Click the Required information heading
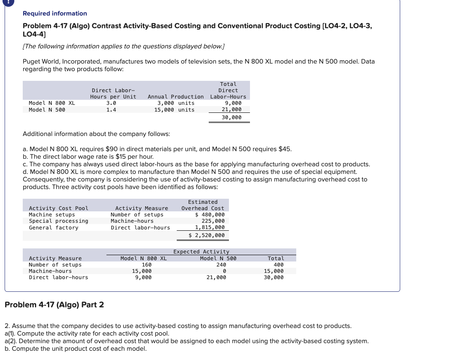point(55,13)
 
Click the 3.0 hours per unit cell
point(111,103)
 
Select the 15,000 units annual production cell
point(175,110)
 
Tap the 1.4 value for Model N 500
point(111,110)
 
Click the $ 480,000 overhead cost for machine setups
point(210,215)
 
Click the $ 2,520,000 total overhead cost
point(207,235)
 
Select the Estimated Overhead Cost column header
point(203,205)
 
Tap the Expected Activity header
point(201,252)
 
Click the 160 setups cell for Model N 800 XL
point(146,265)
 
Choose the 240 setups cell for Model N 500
point(221,265)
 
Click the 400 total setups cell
point(278,265)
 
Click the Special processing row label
point(58,221)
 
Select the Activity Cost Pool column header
point(58,208)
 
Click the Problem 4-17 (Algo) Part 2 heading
point(54,304)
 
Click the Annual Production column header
point(175,97)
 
